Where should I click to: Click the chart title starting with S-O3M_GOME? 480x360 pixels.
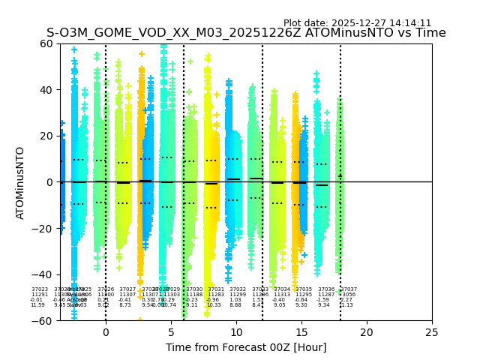point(246,33)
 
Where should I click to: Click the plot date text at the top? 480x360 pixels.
point(357,23)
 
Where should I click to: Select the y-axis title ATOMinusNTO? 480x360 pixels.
point(21,182)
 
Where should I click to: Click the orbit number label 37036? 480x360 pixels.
point(326,289)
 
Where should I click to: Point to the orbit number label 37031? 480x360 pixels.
point(216,289)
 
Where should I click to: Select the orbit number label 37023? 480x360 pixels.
point(40,289)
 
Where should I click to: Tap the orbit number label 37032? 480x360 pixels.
point(238,289)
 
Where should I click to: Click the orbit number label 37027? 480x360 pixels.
point(127,289)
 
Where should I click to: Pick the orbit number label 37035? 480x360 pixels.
point(304,289)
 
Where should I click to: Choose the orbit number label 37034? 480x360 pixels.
point(282,289)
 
